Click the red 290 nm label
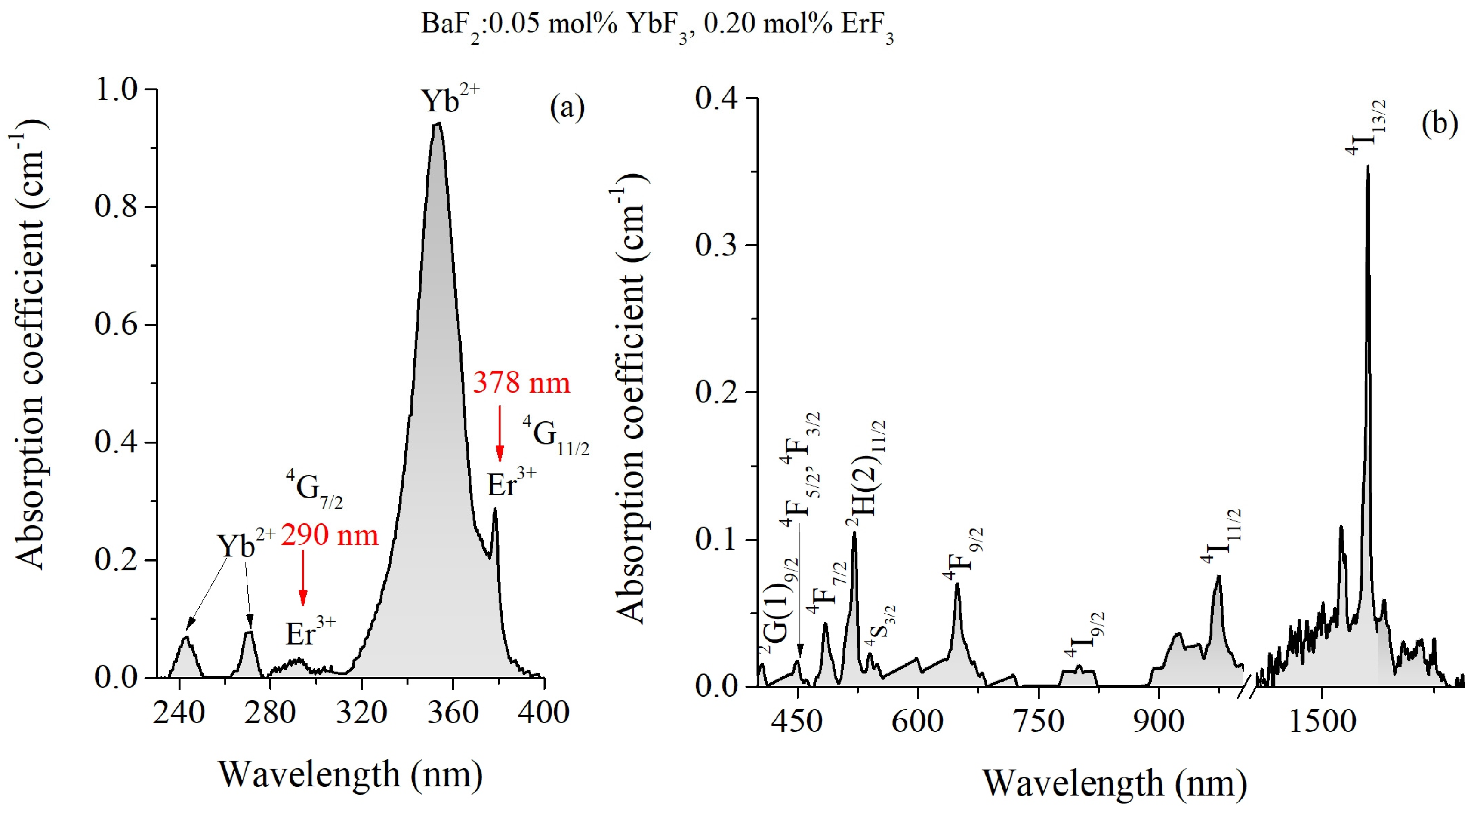pyautogui.click(x=330, y=535)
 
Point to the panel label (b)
pyautogui.click(x=1439, y=124)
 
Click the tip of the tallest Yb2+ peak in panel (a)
pyautogui.click(x=438, y=123)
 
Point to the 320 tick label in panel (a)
pyautogui.click(x=361, y=713)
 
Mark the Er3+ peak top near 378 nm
pyautogui.click(x=495, y=509)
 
